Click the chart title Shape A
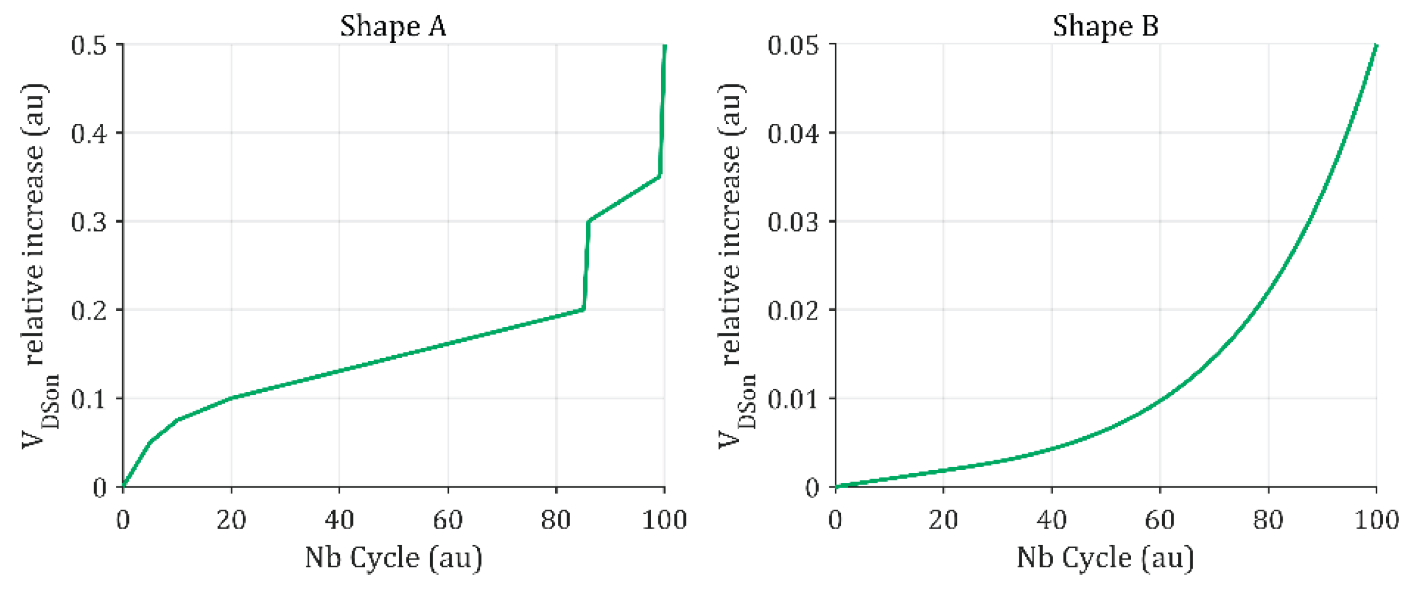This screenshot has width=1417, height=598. click(393, 26)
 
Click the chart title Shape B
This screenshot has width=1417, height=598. click(1105, 26)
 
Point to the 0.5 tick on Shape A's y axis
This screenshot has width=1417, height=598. click(89, 45)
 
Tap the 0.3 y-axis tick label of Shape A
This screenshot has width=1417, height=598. click(89, 222)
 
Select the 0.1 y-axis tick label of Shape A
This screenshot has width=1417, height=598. click(89, 399)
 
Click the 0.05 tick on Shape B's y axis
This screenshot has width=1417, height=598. click(793, 45)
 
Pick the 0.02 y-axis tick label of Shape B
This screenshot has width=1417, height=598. click(793, 310)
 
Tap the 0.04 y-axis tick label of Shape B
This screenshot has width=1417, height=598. click(793, 134)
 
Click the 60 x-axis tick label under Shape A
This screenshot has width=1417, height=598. click(448, 520)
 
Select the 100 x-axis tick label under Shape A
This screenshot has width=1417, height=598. click(664, 520)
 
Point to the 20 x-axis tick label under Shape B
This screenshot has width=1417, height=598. click(944, 520)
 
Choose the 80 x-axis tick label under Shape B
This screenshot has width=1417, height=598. click(1268, 520)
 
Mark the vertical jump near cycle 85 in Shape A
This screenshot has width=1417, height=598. click(586, 265)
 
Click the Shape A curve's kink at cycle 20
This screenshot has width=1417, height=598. click(231, 397)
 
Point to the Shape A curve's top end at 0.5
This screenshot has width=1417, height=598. click(665, 45)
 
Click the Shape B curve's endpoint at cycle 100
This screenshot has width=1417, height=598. click(1376, 45)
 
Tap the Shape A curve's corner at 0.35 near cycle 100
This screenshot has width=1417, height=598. click(660, 176)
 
